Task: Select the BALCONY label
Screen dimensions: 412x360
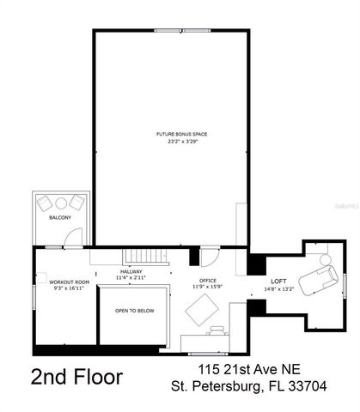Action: (59, 218)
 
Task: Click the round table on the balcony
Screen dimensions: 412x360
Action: (59, 203)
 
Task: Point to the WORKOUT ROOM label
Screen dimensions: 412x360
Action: (69, 282)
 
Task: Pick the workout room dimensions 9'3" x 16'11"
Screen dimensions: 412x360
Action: (69, 289)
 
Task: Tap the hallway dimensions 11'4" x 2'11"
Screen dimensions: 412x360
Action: (131, 278)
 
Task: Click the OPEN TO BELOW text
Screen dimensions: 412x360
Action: (135, 311)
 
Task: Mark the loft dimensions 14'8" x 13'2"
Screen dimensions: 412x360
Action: (278, 289)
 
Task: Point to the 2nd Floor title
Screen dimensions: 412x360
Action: (76, 377)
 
